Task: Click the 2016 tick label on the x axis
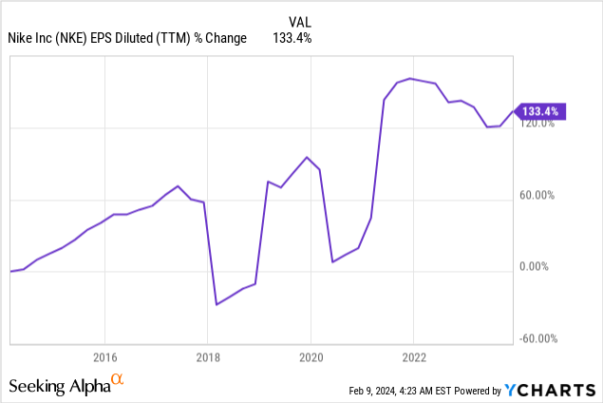click(105, 357)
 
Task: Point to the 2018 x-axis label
click(208, 357)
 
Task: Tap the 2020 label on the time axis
click(311, 357)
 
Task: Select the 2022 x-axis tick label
click(414, 357)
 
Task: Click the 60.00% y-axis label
click(537, 195)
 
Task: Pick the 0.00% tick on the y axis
click(534, 266)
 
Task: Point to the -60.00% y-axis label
click(538, 338)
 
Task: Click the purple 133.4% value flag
click(539, 111)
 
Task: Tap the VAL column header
click(300, 22)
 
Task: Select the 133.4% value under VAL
click(292, 38)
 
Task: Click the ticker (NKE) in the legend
click(71, 38)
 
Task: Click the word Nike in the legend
click(18, 38)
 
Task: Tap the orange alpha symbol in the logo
click(117, 379)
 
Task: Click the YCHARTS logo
click(550, 390)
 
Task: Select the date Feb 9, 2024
click(372, 391)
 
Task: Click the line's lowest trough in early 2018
click(217, 304)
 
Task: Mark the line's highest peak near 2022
click(410, 79)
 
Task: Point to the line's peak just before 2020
click(307, 157)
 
